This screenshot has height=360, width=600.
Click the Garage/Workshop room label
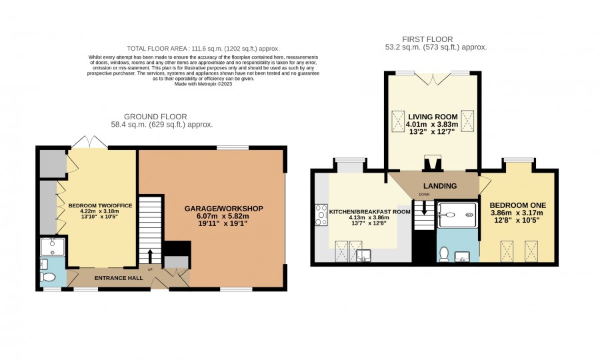(224, 209)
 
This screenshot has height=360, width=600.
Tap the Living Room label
(433, 117)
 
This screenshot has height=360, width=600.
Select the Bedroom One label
(518, 205)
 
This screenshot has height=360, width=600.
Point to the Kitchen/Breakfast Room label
(369, 211)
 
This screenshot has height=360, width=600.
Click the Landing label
(440, 186)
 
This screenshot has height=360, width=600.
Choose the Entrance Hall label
(119, 278)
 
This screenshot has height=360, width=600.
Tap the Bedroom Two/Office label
(100, 205)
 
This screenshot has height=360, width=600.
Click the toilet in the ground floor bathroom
(48, 276)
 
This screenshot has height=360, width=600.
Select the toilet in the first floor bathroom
(444, 255)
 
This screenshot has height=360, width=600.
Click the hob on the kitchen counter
(321, 215)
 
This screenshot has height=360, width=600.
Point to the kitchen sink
(363, 255)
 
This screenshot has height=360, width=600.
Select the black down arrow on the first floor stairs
(424, 208)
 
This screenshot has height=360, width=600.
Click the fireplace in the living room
(433, 163)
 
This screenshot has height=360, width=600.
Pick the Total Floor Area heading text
(203, 49)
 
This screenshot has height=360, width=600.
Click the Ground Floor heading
(155, 117)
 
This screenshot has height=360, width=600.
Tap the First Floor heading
(427, 39)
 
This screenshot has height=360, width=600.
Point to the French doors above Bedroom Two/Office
(89, 142)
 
